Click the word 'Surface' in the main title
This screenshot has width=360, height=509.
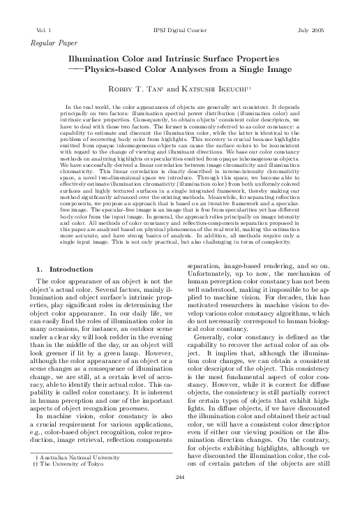pos(225,59)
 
